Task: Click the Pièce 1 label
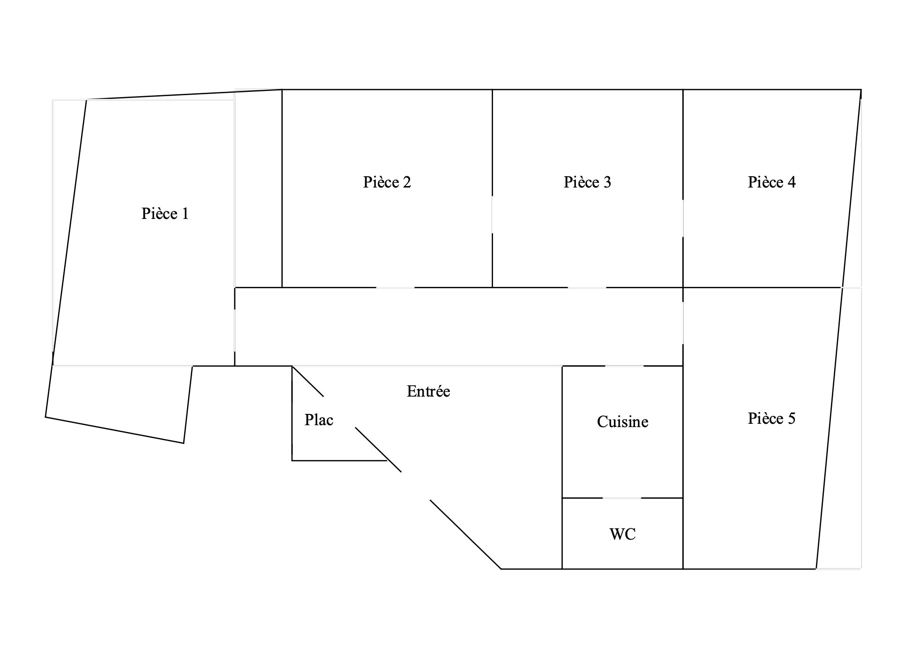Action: pyautogui.click(x=165, y=214)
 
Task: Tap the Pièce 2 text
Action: pyautogui.click(x=387, y=182)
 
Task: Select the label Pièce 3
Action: pyautogui.click(x=587, y=182)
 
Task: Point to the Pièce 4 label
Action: pyautogui.click(x=772, y=182)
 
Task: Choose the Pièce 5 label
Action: pyautogui.click(x=772, y=418)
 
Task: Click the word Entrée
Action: pyautogui.click(x=428, y=391)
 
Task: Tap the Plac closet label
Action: pyautogui.click(x=319, y=420)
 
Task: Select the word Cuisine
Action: pyautogui.click(x=623, y=421)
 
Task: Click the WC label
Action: pyautogui.click(x=623, y=534)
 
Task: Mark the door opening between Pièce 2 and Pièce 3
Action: pyautogui.click(x=492, y=214)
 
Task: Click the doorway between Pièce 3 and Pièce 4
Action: pyautogui.click(x=683, y=219)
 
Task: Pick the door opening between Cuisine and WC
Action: pyautogui.click(x=621, y=498)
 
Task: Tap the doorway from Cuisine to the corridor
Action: pyautogui.click(x=624, y=366)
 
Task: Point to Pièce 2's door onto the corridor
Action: pyautogui.click(x=395, y=287)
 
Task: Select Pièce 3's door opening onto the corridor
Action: pyautogui.click(x=587, y=287)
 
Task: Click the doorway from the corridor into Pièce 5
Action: pyautogui.click(x=683, y=323)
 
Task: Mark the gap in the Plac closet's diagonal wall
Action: pyautogui.click(x=340, y=412)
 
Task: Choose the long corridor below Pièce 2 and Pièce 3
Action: pyautogui.click(x=459, y=326)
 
